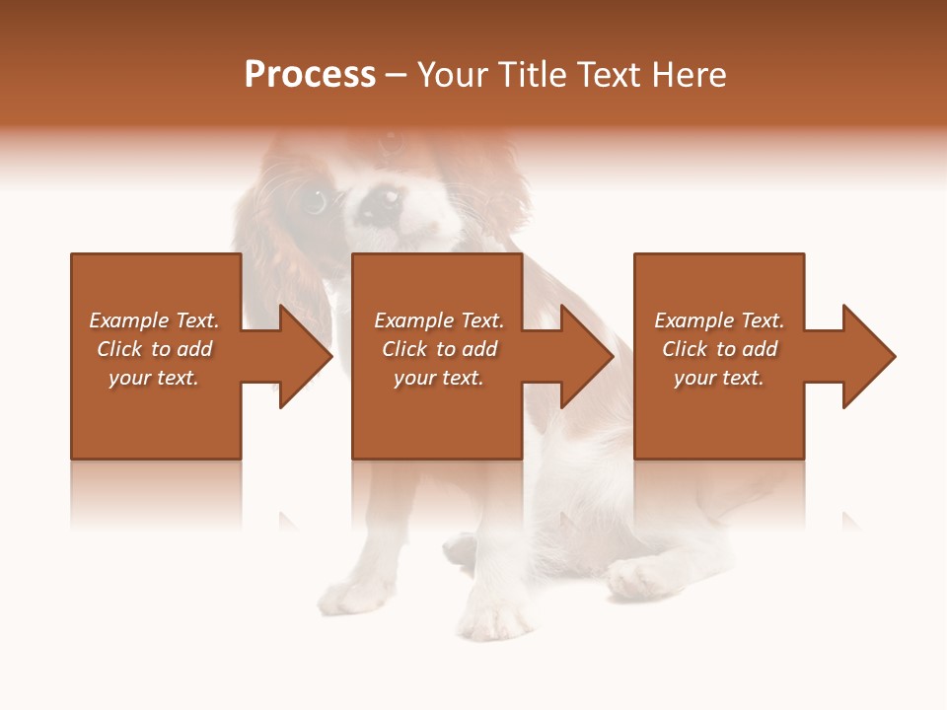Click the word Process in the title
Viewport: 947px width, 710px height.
coord(310,75)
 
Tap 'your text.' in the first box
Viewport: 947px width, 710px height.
coord(154,378)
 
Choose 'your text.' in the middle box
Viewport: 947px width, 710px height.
coord(439,378)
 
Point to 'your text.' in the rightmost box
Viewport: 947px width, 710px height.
coord(719,378)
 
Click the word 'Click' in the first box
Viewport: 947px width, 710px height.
coord(119,349)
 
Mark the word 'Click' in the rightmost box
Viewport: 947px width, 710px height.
coord(685,349)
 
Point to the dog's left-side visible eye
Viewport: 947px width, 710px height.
coord(314,201)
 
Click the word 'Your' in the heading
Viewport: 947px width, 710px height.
coord(451,75)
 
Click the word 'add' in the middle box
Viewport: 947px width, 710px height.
coord(479,349)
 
